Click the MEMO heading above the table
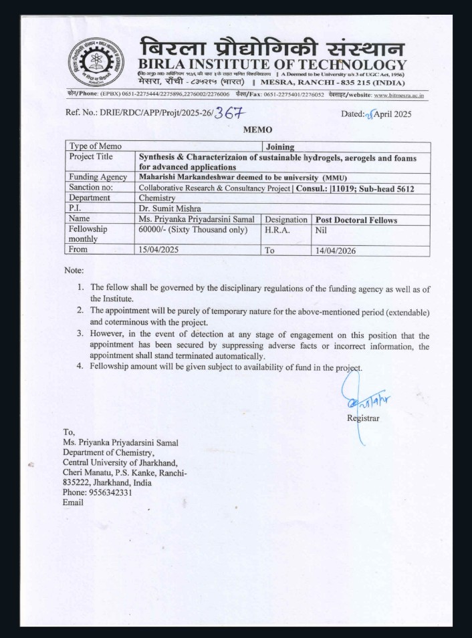click(x=257, y=129)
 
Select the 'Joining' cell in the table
click(x=280, y=146)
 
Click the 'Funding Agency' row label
click(x=98, y=177)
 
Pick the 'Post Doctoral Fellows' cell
click(x=356, y=219)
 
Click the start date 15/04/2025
click(x=161, y=251)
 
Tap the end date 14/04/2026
click(x=338, y=251)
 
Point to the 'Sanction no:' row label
click(x=93, y=188)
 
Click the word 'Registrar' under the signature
click(x=363, y=418)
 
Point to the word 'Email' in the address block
click(x=73, y=502)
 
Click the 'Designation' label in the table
click(x=286, y=219)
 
